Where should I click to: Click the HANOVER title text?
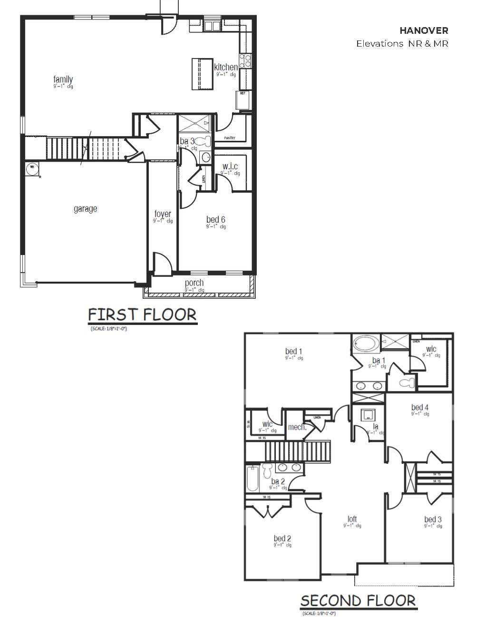tap(424, 30)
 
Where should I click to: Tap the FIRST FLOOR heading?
tap(142, 314)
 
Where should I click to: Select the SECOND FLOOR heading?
tap(358, 600)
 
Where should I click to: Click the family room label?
tap(63, 79)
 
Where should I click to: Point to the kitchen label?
tap(225, 67)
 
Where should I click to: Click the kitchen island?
tap(202, 74)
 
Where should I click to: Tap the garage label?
tap(86, 208)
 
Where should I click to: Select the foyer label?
tap(163, 214)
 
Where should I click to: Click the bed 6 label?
tap(215, 219)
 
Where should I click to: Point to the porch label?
tap(194, 283)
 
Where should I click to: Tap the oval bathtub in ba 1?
tap(366, 343)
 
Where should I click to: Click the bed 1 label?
tap(294, 352)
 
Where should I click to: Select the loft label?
tap(352, 519)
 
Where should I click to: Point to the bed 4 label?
tap(420, 407)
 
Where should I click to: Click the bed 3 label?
tap(433, 519)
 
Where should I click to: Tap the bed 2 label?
tap(282, 538)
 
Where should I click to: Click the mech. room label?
tap(297, 427)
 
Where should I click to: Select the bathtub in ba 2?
tap(252, 479)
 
